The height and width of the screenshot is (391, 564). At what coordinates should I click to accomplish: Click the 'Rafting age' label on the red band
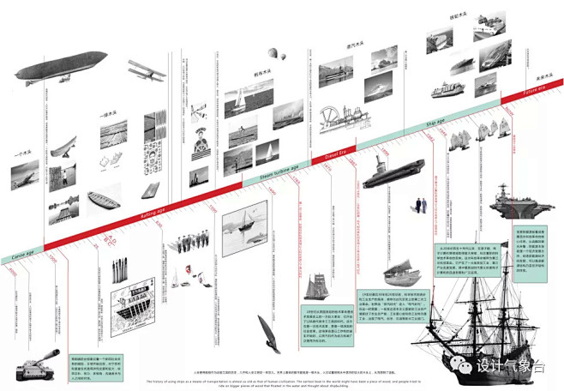(153, 215)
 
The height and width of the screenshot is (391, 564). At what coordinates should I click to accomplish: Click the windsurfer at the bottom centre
(266, 334)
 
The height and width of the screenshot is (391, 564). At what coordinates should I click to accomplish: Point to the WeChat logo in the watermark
(464, 365)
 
